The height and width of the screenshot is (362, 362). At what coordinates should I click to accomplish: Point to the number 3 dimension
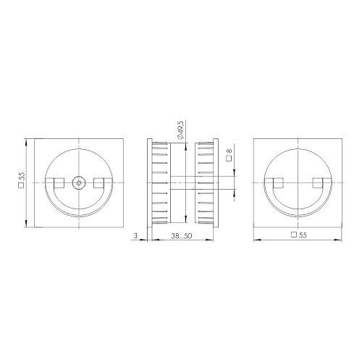coord(135,236)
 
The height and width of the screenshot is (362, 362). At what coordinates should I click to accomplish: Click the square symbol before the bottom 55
coord(292,236)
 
